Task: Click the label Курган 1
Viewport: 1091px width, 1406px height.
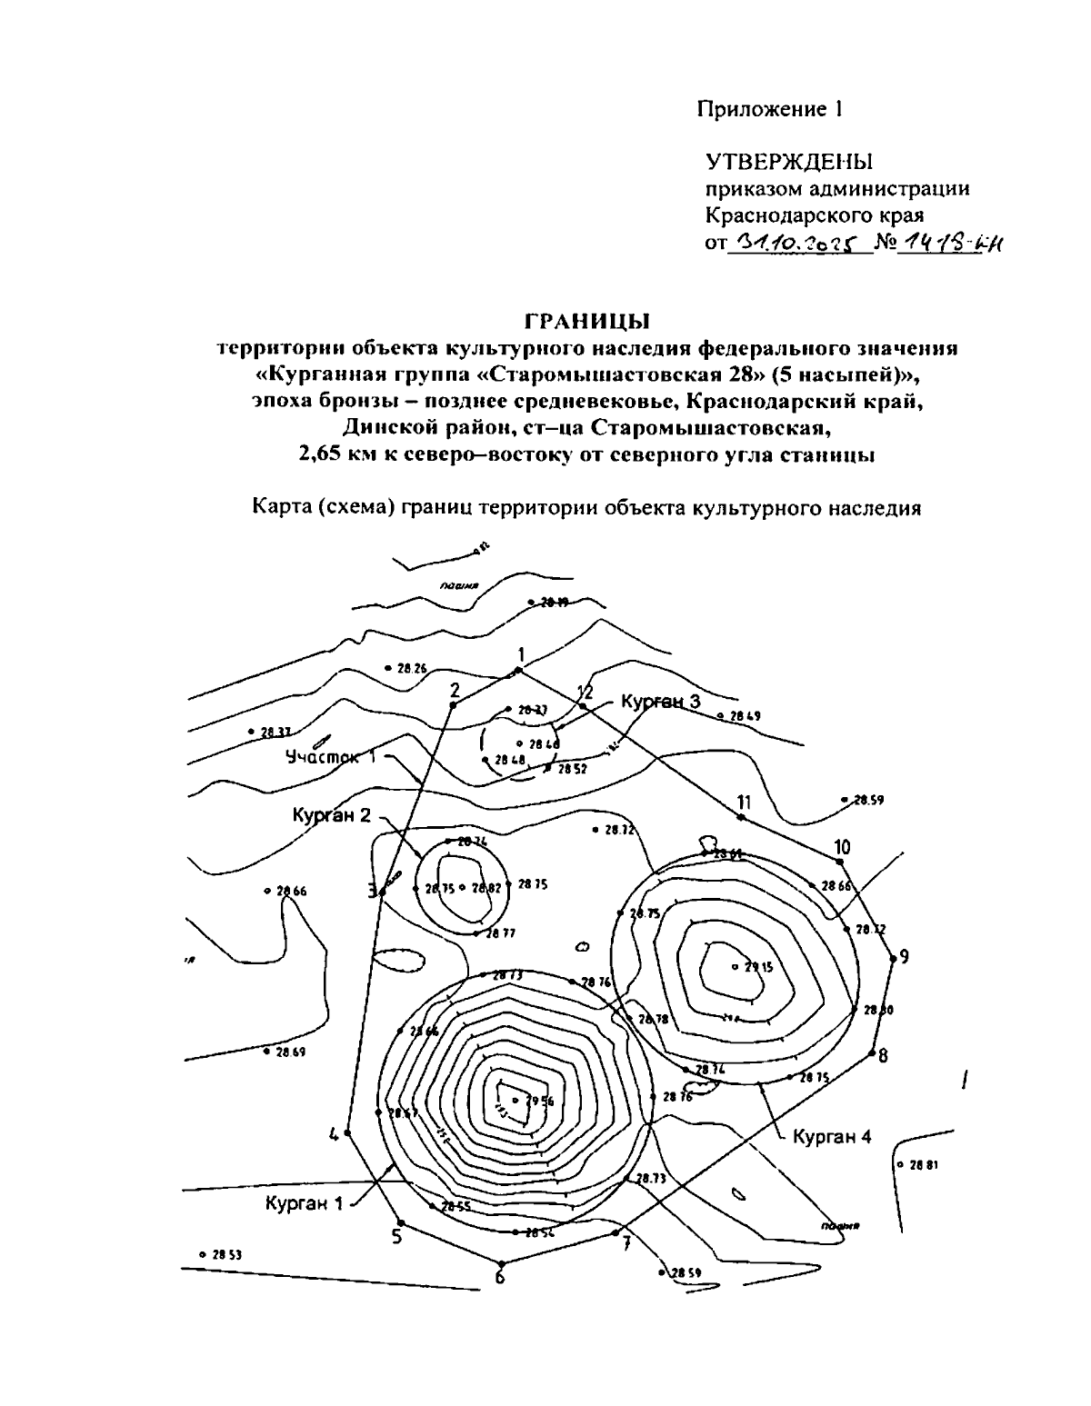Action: click(305, 1203)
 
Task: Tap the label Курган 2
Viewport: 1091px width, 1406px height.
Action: click(332, 815)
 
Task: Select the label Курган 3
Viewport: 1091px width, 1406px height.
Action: click(661, 702)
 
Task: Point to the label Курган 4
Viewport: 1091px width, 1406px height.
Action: click(832, 1136)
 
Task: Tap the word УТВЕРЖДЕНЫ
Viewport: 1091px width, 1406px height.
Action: click(789, 162)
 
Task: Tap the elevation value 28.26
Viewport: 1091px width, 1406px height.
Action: click(411, 668)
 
